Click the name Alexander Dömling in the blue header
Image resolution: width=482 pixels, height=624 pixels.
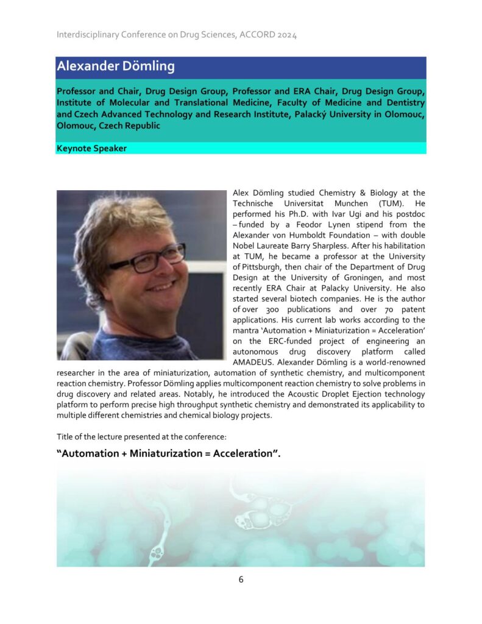(x=115, y=66)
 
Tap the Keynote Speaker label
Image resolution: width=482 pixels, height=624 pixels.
(x=91, y=148)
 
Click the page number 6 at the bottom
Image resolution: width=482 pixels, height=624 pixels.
(x=241, y=580)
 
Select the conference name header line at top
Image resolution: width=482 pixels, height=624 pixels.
(x=177, y=35)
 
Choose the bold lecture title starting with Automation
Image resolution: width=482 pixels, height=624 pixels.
(x=168, y=453)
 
